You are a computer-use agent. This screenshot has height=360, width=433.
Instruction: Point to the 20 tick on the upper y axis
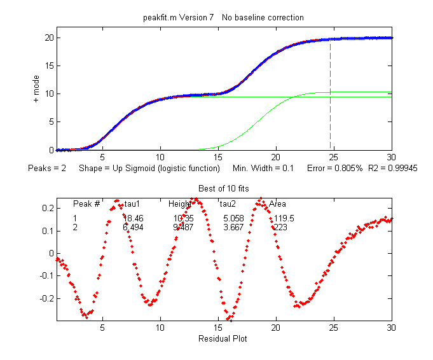(48, 38)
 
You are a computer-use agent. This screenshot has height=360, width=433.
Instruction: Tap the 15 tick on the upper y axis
(48, 66)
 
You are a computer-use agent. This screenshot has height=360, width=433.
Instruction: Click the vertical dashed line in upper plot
(330, 102)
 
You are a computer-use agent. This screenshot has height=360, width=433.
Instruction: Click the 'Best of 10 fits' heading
(224, 189)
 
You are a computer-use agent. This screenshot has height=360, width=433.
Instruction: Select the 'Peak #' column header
(86, 204)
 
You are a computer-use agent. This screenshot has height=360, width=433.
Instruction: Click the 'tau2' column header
(228, 204)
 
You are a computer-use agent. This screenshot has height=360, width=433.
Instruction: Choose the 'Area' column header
(277, 204)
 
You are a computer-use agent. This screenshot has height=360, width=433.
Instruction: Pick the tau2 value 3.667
(232, 227)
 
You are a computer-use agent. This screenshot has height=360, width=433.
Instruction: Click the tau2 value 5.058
(232, 218)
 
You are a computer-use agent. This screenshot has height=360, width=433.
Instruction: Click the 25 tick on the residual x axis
(334, 328)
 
